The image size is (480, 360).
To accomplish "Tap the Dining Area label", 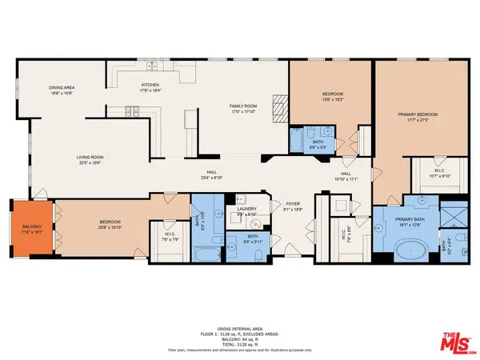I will click(x=62, y=91).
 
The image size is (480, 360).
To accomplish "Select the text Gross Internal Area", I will click(x=239, y=331).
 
